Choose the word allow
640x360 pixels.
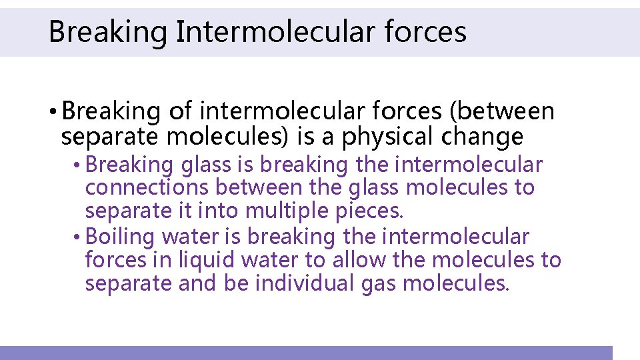click(361, 260)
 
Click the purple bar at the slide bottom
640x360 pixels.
click(306, 353)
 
